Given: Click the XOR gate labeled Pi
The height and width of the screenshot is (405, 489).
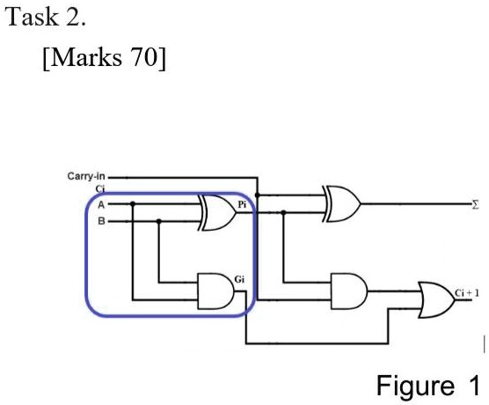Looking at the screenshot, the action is pos(217,213).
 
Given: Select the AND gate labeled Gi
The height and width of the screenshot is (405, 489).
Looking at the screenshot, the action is pos(215,291).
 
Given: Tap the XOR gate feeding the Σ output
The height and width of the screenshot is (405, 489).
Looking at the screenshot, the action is pos(342,204).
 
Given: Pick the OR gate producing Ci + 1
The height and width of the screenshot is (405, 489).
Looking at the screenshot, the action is pos(436,299).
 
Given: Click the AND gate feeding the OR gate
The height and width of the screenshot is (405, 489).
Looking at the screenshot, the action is pos(348,291).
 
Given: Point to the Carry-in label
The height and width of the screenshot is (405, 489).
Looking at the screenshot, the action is pos(86,176).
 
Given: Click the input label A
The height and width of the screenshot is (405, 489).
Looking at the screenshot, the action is pos(101,205).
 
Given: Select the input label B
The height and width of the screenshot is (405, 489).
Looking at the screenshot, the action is pos(101,221).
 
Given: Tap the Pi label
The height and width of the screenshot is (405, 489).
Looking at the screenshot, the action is pos(242,204).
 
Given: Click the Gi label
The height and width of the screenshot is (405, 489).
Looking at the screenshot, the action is pos(239,279).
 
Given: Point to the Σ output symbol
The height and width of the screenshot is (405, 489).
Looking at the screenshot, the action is pos(475,205).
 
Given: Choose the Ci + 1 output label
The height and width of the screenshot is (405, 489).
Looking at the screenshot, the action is pos(466,293).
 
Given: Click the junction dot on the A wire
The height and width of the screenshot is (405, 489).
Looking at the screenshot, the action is pos(133,204).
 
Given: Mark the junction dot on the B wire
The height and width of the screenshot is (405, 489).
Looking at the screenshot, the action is pos(158,221).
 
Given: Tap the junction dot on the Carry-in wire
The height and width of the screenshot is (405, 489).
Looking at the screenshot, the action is pos(258,195).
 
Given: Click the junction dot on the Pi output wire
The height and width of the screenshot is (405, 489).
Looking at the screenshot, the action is pos(283,213).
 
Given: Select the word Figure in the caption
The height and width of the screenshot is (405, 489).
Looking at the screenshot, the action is pos(415,387).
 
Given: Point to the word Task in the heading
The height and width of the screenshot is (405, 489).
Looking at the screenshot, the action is pos(32,17).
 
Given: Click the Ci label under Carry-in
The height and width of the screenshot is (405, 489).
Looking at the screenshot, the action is pos(100,189).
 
